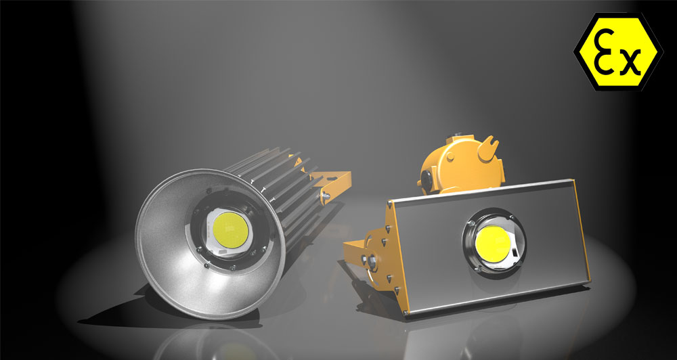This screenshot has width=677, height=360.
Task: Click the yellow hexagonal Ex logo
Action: (618, 52)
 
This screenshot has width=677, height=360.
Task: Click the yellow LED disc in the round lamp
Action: (231, 230)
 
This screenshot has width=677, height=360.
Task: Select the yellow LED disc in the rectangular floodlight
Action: (493, 244)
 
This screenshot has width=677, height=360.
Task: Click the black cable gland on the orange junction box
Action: (426, 180)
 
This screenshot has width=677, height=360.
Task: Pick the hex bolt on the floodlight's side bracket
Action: (371, 262)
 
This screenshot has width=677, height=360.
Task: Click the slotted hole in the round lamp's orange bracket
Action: (331, 178)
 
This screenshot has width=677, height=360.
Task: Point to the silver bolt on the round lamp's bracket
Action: (325, 196)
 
